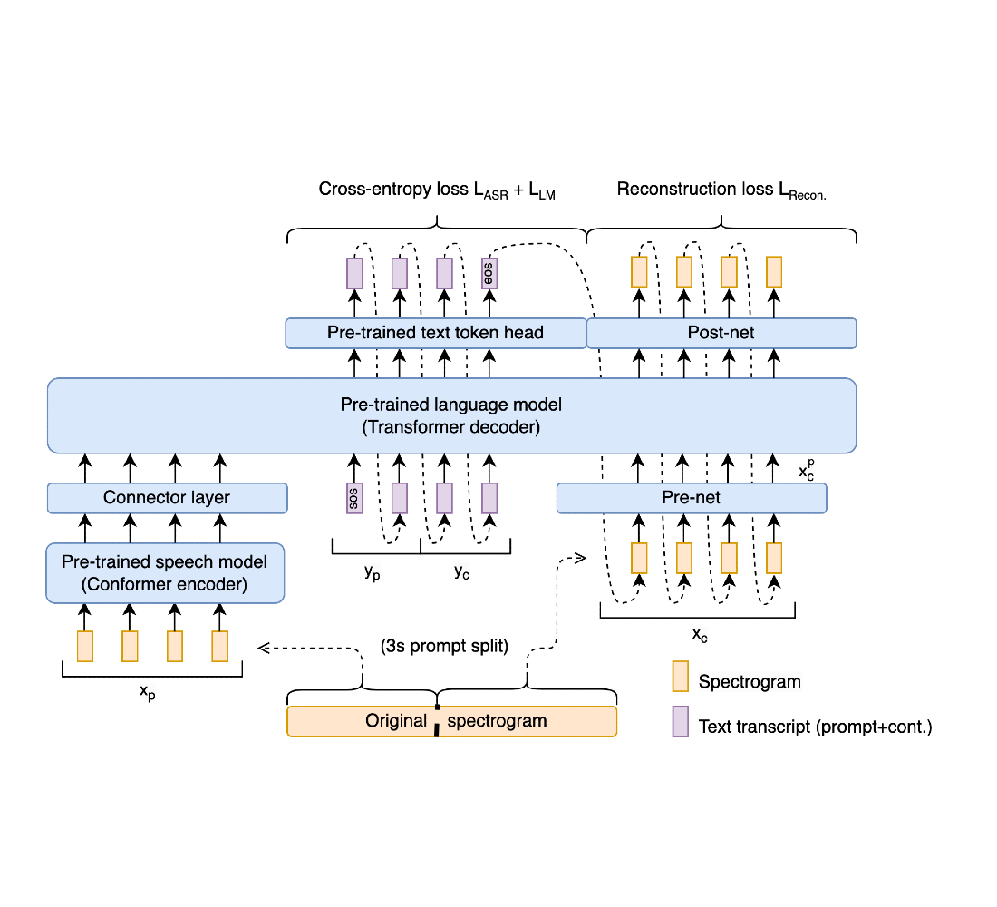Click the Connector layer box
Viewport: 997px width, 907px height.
pos(167,498)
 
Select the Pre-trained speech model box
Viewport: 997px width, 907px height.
pos(165,573)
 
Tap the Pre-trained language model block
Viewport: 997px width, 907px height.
pos(451,415)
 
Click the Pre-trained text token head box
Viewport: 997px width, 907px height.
pos(436,333)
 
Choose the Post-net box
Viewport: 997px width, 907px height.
pos(721,333)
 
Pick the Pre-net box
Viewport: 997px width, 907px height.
pos(691,498)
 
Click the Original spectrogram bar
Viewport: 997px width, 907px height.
pos(451,722)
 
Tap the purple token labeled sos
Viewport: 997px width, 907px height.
pos(354,498)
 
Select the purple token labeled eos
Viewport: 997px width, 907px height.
pos(489,272)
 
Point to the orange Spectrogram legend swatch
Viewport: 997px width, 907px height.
pos(680,677)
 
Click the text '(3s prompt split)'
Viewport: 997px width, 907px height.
pos(444,648)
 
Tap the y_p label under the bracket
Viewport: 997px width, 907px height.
pos(373,571)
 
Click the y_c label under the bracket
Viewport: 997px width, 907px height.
pos(461,571)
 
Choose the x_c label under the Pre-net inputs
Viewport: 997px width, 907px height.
pos(700,635)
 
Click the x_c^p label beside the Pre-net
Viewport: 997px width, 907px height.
pos(807,471)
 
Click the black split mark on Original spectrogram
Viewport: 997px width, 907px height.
pos(437,722)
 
